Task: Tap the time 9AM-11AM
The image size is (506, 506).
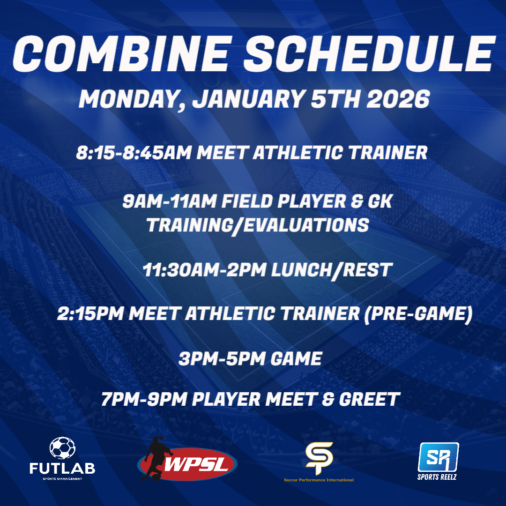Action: tap(169, 201)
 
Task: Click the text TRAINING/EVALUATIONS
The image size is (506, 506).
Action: tap(258, 225)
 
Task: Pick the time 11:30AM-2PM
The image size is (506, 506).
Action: tap(204, 270)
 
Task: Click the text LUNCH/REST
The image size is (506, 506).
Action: tap(332, 270)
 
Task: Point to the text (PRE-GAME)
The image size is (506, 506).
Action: tap(418, 313)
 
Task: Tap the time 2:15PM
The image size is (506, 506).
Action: tap(90, 313)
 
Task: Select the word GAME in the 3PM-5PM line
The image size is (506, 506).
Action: tap(296, 358)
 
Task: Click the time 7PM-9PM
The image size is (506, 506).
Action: tap(144, 399)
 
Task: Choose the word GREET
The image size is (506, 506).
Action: tap(370, 399)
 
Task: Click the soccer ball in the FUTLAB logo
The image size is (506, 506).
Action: tap(62, 448)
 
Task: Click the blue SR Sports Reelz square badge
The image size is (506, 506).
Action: tap(438, 457)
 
